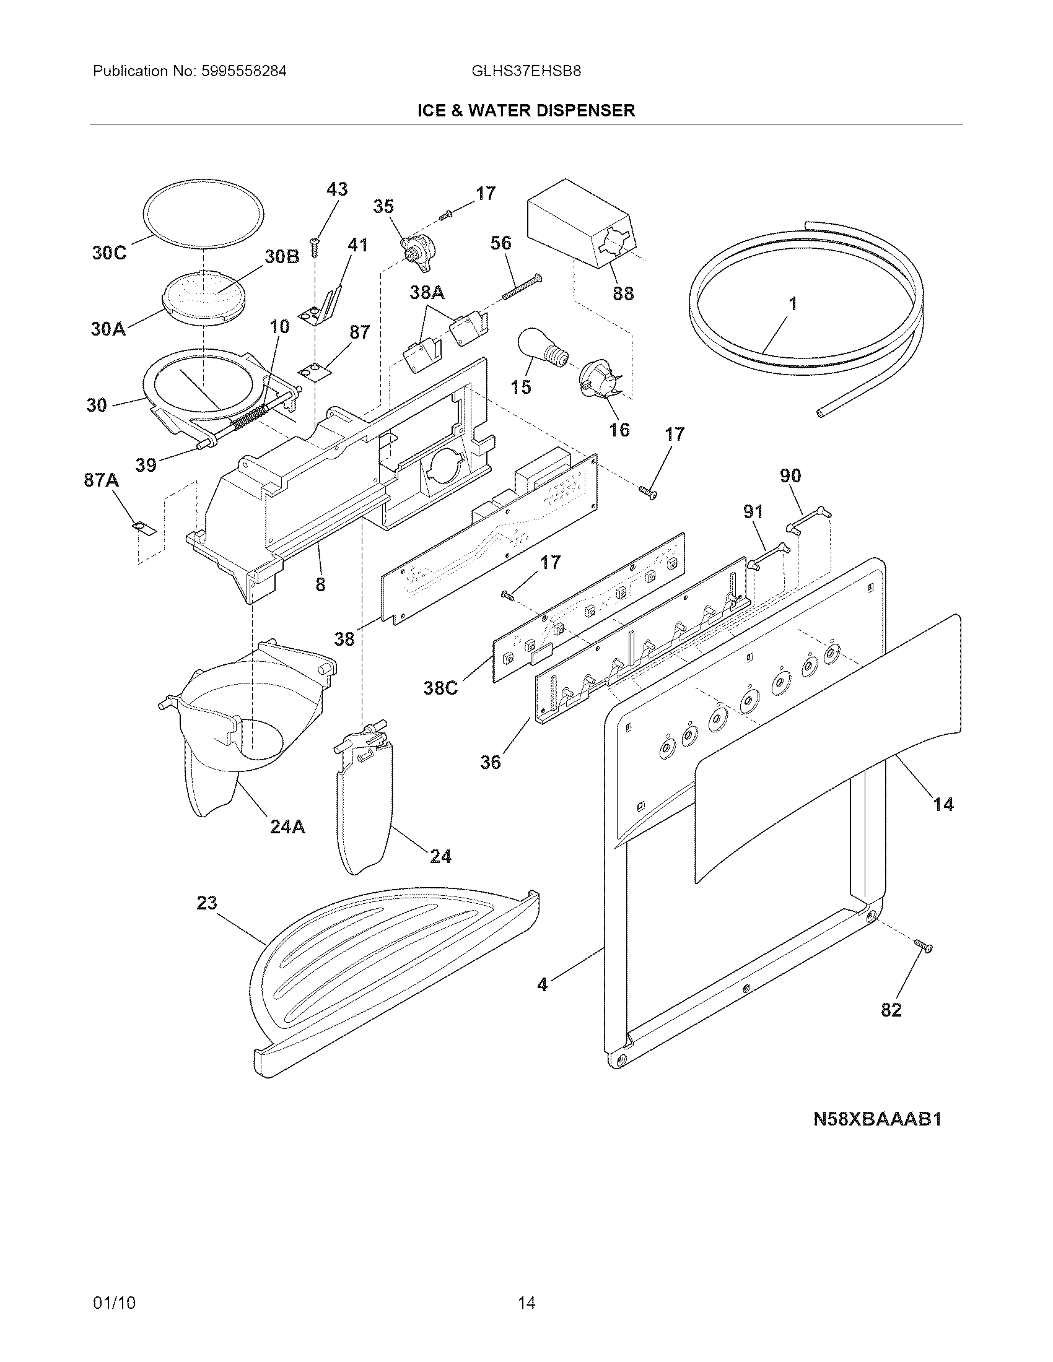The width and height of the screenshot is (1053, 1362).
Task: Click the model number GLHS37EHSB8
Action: (526, 71)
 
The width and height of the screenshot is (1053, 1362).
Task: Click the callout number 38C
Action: (440, 688)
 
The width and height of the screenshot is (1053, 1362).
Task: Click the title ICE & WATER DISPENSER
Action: (526, 111)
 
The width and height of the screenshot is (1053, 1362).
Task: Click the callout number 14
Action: (943, 804)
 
